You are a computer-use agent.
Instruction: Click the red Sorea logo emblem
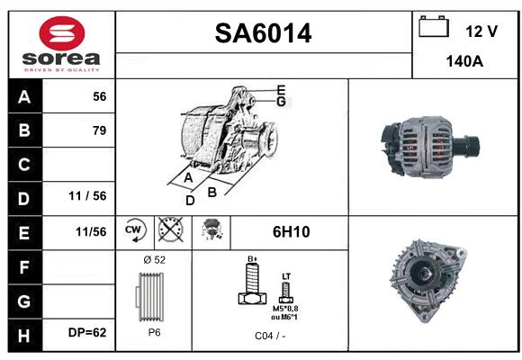click(62, 33)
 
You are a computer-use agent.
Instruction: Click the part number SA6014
click(263, 33)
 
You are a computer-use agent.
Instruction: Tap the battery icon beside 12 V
click(434, 26)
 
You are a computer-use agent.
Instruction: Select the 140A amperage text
click(464, 61)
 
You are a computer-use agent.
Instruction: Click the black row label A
click(24, 97)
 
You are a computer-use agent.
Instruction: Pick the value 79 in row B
click(100, 130)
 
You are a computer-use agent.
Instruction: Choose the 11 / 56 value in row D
click(87, 196)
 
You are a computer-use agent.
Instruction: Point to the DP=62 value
click(87, 332)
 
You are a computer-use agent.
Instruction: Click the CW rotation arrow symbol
click(135, 230)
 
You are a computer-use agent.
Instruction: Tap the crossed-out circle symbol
click(170, 229)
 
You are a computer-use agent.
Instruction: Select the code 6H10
click(291, 232)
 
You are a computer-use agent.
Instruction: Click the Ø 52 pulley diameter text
click(154, 260)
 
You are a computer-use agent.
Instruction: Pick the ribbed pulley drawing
click(149, 297)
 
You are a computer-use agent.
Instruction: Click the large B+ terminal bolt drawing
click(252, 283)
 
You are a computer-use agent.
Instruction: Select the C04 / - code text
click(270, 336)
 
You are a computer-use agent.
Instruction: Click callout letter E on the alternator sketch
click(281, 90)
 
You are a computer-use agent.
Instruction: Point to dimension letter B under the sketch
click(212, 193)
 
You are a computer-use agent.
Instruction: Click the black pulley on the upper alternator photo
click(467, 147)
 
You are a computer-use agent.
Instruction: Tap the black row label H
click(24, 336)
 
